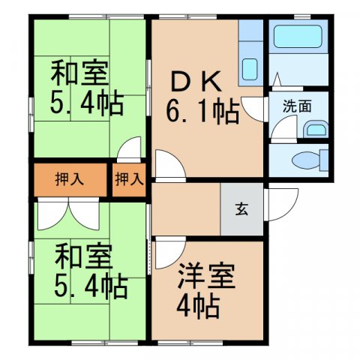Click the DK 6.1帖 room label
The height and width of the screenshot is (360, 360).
201,96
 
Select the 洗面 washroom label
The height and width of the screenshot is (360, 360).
297,106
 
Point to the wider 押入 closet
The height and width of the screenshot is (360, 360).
69,179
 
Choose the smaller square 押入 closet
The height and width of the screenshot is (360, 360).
129,179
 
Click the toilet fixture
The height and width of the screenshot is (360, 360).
307,159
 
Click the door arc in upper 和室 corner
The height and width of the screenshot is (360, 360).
130,148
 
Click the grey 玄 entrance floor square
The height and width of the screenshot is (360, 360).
241,210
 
